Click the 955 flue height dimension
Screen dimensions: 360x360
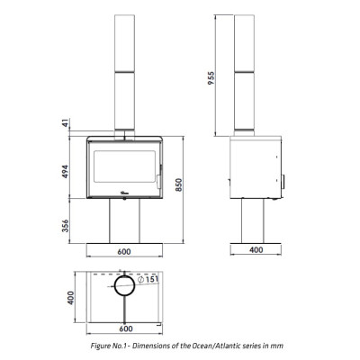pyautogui.click(x=211, y=78)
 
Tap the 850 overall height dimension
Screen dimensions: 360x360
pyautogui.click(x=179, y=185)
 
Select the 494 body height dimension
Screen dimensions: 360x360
pyautogui.click(x=65, y=172)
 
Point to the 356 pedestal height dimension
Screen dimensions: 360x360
pyautogui.click(x=65, y=226)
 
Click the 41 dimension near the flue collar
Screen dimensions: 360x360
pyautogui.click(x=66, y=122)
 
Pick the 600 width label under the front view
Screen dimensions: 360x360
pyautogui.click(x=124, y=251)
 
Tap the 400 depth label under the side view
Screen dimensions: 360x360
pyautogui.click(x=256, y=250)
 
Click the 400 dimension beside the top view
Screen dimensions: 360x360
pyautogui.click(x=70, y=298)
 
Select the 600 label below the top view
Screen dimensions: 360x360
pyautogui.click(x=126, y=328)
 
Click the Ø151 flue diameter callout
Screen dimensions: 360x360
pyautogui.click(x=148, y=280)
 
